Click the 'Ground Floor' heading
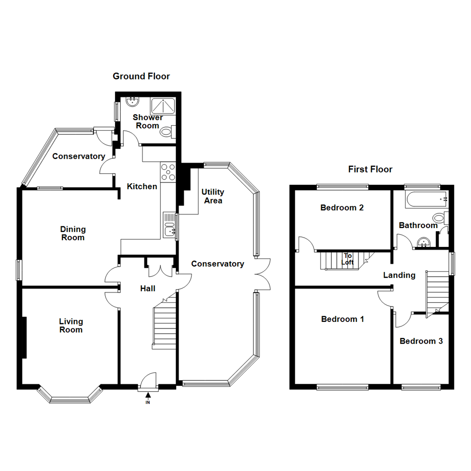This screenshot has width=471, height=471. tap(141, 76)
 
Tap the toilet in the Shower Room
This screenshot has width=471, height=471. tap(167, 131)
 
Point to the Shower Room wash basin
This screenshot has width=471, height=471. tap(132, 102)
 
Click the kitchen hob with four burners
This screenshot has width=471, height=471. tap(168, 172)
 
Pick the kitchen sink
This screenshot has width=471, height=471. tap(169, 225)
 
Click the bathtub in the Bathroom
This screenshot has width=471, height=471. tap(426, 199)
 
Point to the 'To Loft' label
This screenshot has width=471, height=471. tap(348, 259)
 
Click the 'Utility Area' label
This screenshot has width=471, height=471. tap(213, 196)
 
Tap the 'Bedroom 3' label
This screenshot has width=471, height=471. tap(421, 341)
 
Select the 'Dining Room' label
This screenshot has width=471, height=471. tap(73, 233)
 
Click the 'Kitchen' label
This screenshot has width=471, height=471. tap(142, 187)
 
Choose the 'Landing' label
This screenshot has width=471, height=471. tap(399, 275)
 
